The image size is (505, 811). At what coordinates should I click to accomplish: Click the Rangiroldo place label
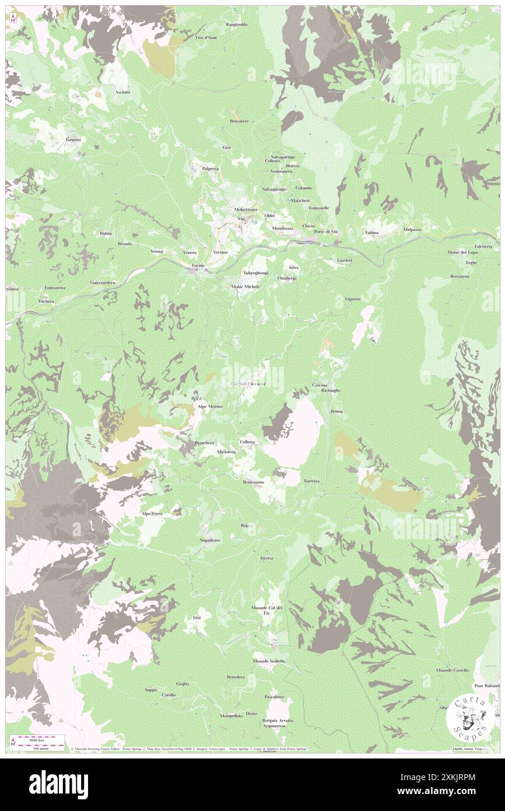pyautogui.click(x=237, y=25)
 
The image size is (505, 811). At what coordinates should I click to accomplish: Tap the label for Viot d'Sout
pyautogui.click(x=205, y=37)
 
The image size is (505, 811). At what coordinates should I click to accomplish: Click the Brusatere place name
pyautogui.click(x=239, y=121)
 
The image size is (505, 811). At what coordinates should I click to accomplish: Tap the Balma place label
pyautogui.click(x=106, y=233)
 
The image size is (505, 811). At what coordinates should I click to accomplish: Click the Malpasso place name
pyautogui.click(x=412, y=229)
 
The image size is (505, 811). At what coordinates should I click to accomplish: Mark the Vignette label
pyautogui.click(x=352, y=299)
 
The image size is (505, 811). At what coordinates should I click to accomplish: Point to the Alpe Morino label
pyautogui.click(x=209, y=406)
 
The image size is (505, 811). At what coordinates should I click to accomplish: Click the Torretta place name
pyautogui.click(x=311, y=481)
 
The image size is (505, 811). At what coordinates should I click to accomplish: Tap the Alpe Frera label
pyautogui.click(x=152, y=513)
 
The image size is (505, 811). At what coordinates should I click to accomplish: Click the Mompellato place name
pyautogui.click(x=231, y=716)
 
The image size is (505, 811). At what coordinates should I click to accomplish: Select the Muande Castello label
pyautogui.click(x=453, y=670)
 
